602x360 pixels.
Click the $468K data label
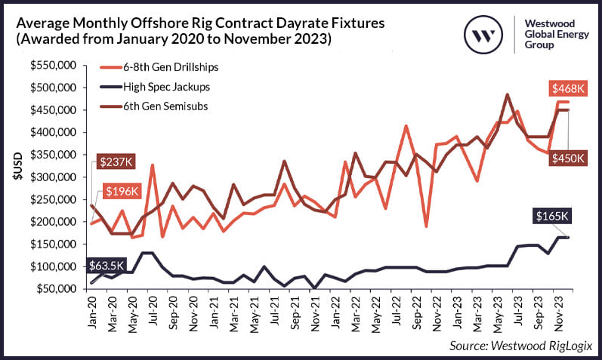tap(566, 89)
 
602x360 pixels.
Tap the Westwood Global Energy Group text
tap(554, 34)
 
